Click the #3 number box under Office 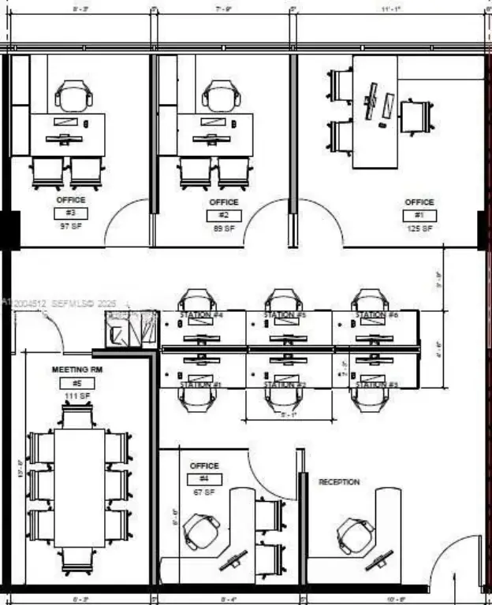(x=70, y=213)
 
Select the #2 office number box (x=224, y=215)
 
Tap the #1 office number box (x=419, y=215)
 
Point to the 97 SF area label (x=70, y=227)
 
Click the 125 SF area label (x=419, y=228)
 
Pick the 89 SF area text (x=224, y=228)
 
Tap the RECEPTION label (x=339, y=481)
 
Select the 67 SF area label (x=204, y=492)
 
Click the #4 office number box (x=204, y=479)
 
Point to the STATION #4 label (x=201, y=316)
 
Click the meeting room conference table (x=79, y=488)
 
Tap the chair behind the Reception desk (x=356, y=536)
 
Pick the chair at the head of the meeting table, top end (x=79, y=415)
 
